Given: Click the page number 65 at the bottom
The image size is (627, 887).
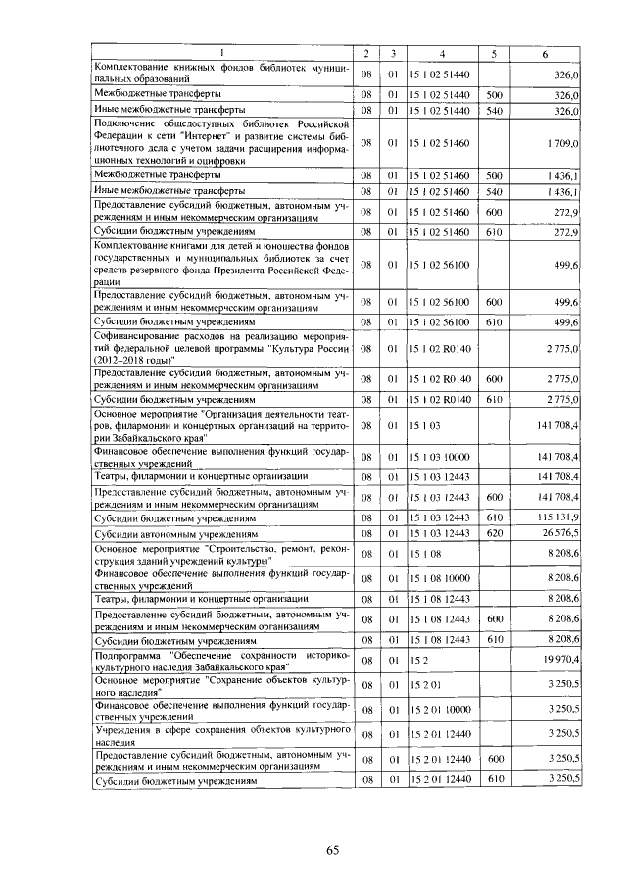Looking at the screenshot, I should [332, 850].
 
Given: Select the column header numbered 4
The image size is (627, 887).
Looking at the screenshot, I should [443, 53].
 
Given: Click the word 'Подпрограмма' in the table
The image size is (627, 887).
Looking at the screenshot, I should [127, 653].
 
